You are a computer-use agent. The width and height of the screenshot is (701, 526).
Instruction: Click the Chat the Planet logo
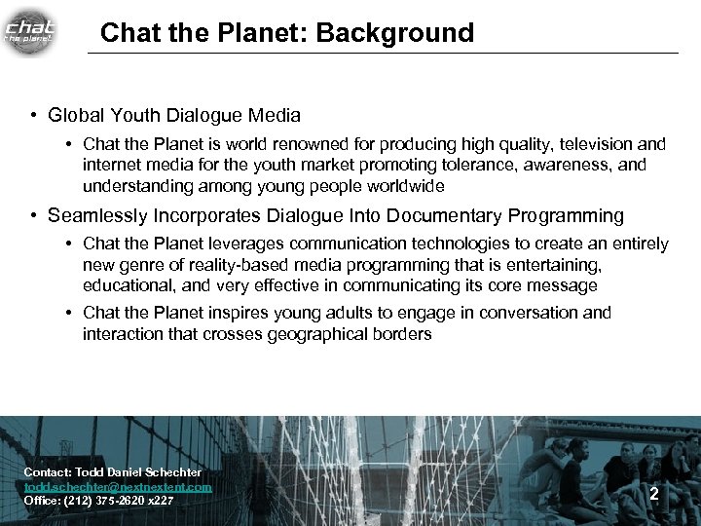[30, 30]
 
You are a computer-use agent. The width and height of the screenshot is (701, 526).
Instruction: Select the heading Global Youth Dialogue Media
[174, 115]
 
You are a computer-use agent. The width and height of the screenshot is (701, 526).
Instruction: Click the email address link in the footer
[118, 486]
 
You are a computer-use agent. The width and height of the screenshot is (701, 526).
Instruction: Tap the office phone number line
[98, 501]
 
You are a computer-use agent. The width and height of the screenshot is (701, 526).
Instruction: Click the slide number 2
[654, 494]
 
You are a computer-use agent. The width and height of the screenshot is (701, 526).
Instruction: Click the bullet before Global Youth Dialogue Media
[33, 115]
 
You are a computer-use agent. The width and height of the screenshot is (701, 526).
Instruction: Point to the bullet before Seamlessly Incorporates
[33, 216]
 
